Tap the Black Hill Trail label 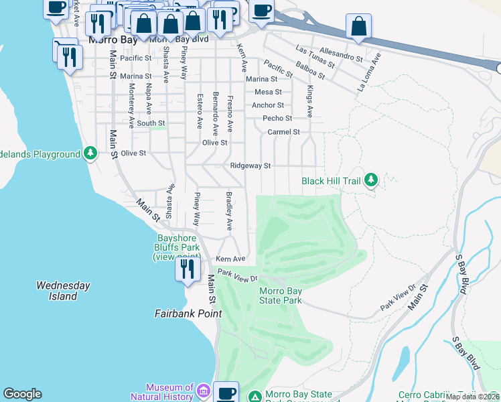tap(331, 181)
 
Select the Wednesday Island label tap(63, 291)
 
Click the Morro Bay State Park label tap(281, 295)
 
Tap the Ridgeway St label tap(250, 165)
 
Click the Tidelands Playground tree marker tap(90, 154)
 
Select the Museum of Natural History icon tap(204, 391)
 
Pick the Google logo tap(22, 394)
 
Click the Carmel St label tap(283, 132)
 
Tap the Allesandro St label tap(342, 55)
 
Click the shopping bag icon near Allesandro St tap(359, 26)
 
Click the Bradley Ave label tap(228, 212)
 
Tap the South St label tap(151, 123)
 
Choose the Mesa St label tap(268, 92)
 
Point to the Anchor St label tap(268, 105)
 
